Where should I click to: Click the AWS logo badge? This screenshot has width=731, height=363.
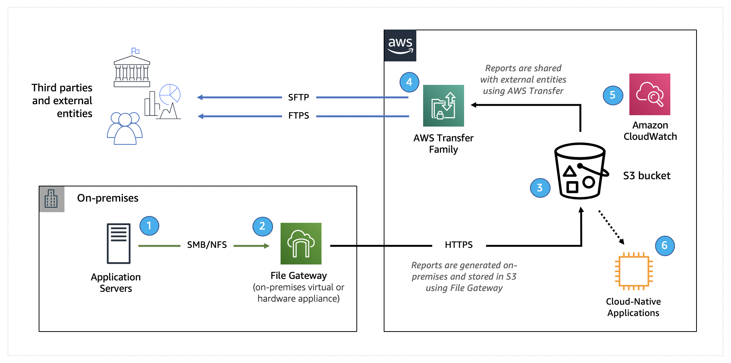click(400, 46)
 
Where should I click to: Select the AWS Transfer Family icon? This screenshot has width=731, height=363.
click(443, 106)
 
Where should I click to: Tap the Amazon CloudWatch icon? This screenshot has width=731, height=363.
click(649, 94)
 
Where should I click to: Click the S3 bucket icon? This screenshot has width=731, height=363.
click(580, 171)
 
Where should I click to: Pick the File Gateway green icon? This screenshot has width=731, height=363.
click(301, 244)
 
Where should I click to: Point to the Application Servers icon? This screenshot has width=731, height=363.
click(119, 244)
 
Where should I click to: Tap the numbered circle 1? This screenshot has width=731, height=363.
click(149, 226)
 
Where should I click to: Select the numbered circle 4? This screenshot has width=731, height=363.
click(409, 82)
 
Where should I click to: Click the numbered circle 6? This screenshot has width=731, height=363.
click(665, 246)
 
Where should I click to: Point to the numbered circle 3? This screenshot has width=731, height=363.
click(540, 188)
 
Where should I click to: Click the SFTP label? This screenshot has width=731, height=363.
click(298, 97)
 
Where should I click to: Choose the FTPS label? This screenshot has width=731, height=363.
click(298, 116)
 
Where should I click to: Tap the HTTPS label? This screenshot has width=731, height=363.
click(458, 245)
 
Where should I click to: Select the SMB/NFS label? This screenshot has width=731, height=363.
click(207, 245)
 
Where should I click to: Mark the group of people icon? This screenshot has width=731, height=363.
click(125, 128)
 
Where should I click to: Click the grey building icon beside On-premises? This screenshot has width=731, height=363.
click(51, 199)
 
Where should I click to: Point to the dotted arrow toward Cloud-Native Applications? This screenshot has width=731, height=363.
click(611, 227)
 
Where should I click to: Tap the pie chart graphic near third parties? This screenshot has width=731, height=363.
click(170, 94)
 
